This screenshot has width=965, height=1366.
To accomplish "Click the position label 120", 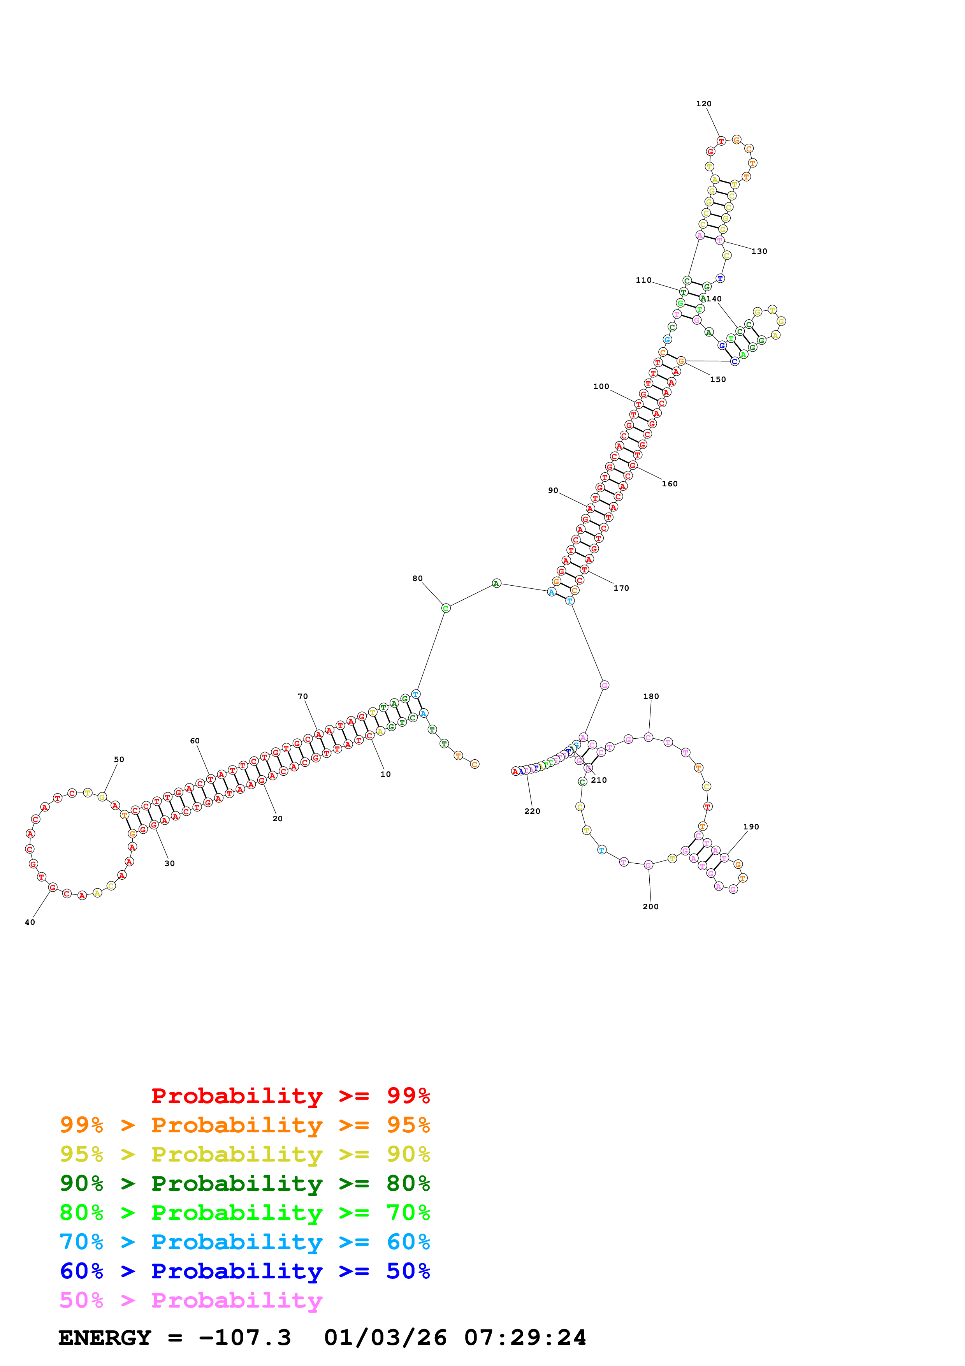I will coord(703,104).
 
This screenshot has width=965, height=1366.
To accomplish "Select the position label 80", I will coord(417,578).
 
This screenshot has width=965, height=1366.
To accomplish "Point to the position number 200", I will coord(650,907).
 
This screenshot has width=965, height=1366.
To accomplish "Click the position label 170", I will coord(621,588).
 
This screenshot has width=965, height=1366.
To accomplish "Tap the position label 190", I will coord(751,827).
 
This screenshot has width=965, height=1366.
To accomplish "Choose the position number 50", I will coord(119,759).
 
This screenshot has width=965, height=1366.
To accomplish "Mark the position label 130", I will coord(759,251).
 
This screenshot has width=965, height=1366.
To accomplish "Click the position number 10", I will coord(385,774).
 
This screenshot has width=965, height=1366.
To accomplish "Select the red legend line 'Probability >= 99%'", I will coord(290,1096).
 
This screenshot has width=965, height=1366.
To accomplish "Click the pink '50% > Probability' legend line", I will coord(191,1301).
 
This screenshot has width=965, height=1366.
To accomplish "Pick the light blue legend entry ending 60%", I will coord(244,1242).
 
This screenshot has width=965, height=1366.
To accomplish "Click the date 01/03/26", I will coord(385,1338).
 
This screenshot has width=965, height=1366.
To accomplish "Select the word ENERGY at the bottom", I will coord(105,1338).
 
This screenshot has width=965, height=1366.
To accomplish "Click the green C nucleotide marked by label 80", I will coord(446,608).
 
